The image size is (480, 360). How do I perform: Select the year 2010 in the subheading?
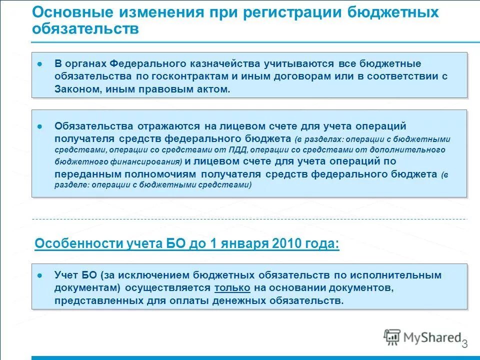click(287, 244)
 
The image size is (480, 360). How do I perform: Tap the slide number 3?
click(464, 344)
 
